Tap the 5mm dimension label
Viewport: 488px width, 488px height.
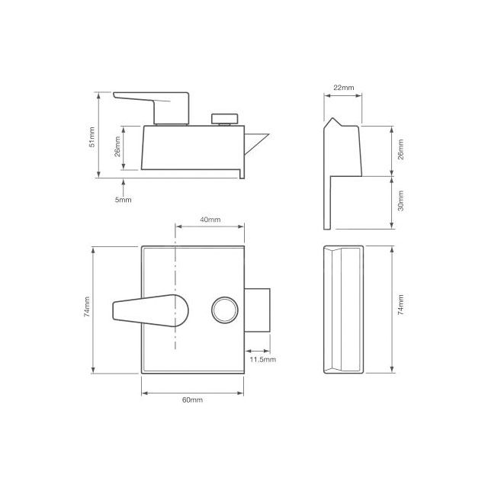click(x=123, y=200)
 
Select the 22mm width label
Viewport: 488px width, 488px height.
click(x=344, y=88)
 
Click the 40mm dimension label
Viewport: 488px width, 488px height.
click(x=210, y=220)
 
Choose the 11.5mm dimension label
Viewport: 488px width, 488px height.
click(x=262, y=358)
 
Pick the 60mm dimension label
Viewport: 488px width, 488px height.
click(x=193, y=400)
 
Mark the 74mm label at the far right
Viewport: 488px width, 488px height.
click(x=401, y=310)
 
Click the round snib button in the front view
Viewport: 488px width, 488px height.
click(x=226, y=310)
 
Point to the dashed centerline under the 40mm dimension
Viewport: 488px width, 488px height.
click(x=175, y=252)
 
